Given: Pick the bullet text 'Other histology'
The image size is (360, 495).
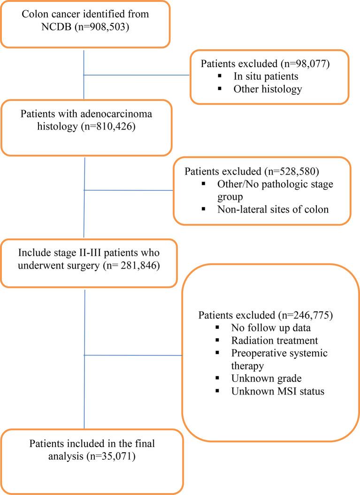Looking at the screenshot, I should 268,89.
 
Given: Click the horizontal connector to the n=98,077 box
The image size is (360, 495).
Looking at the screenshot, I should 137,74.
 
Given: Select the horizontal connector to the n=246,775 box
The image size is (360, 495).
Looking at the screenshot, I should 132,355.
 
